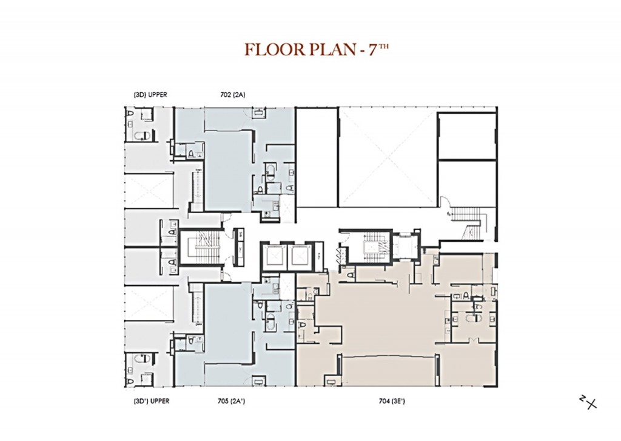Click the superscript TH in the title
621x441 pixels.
pyautogui.click(x=382, y=46)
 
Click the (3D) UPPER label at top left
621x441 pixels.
pyautogui.click(x=150, y=95)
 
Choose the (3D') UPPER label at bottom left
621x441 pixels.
pyautogui.click(x=150, y=401)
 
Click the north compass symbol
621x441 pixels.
pyautogui.click(x=588, y=402)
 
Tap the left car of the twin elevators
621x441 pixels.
pyautogui.click(x=271, y=255)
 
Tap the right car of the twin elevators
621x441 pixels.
pyautogui.click(x=300, y=255)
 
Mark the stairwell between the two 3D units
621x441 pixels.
pyautogui.click(x=198, y=247)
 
